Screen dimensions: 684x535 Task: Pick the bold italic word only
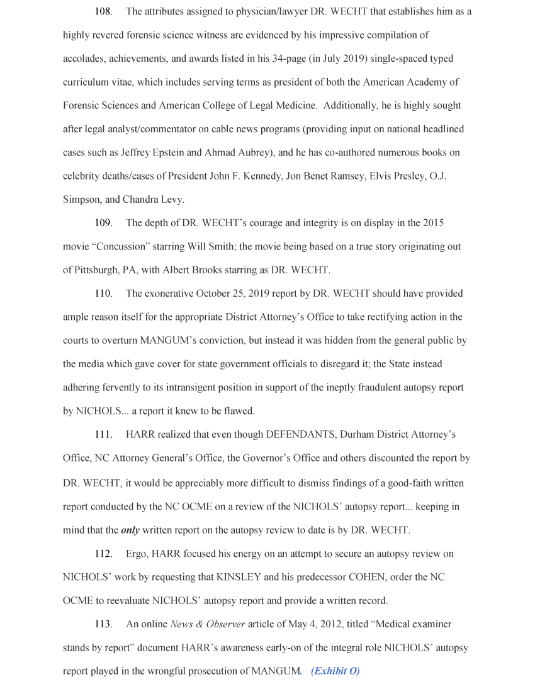tap(130, 530)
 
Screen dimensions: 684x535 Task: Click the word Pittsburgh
tap(95, 270)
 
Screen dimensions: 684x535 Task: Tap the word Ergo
tap(136, 554)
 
